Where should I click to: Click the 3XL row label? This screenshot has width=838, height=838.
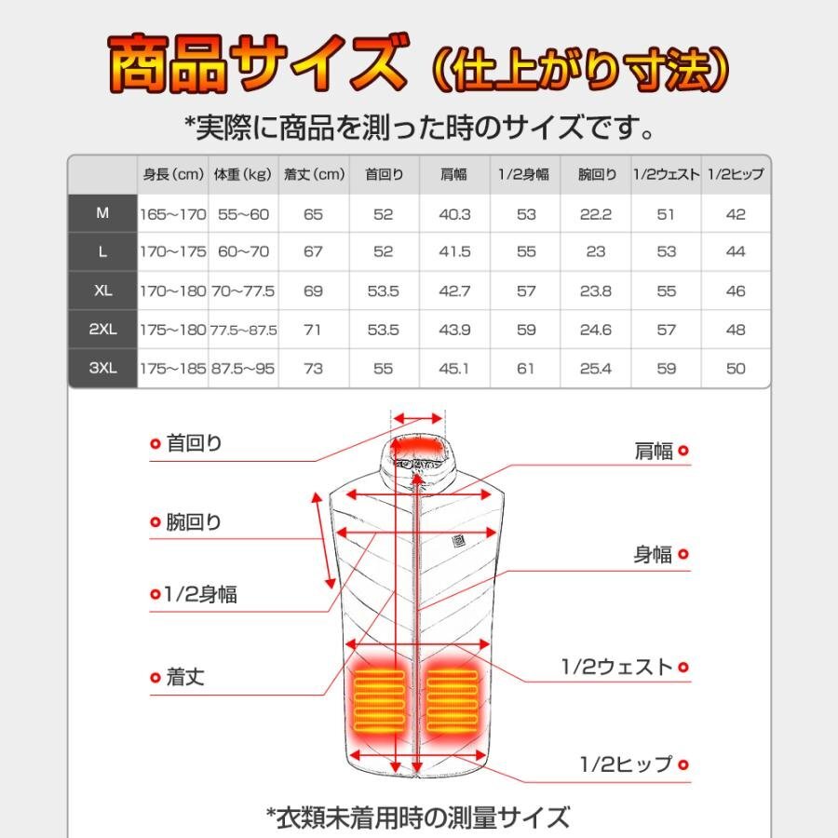(102, 368)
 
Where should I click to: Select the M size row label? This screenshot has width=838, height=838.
(102, 213)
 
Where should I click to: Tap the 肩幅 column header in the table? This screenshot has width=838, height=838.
(454, 174)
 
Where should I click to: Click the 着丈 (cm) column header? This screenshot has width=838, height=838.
(314, 174)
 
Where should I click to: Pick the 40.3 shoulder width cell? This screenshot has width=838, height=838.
(454, 214)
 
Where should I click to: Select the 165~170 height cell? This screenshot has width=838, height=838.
(173, 214)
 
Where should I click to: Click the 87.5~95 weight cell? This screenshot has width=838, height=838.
(243, 369)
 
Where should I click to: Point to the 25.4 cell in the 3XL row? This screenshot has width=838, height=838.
(595, 369)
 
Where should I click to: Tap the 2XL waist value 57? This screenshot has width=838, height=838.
(666, 330)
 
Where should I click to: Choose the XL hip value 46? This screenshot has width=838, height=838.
(736, 291)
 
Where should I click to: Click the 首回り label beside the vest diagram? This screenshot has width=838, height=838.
(194, 443)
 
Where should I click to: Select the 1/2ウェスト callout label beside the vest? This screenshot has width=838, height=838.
(615, 667)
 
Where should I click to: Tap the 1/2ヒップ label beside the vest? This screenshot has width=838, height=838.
(625, 764)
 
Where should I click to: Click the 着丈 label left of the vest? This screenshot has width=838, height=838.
(184, 677)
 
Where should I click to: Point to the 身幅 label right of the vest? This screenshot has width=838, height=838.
(653, 554)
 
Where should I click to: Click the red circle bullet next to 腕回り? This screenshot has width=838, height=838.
(155, 523)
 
